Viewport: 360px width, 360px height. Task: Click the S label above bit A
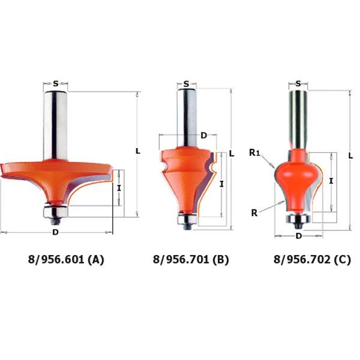56,83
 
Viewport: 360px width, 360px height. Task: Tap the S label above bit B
186,84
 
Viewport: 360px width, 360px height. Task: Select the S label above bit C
298,83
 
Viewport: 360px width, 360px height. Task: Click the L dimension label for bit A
138,151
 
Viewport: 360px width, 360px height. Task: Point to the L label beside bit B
232,154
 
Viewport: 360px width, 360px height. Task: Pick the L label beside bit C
350,156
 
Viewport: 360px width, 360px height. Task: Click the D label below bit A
55,232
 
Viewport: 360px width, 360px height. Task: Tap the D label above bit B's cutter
203,136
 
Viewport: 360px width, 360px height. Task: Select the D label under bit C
298,236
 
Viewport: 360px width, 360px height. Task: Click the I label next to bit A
119,188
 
